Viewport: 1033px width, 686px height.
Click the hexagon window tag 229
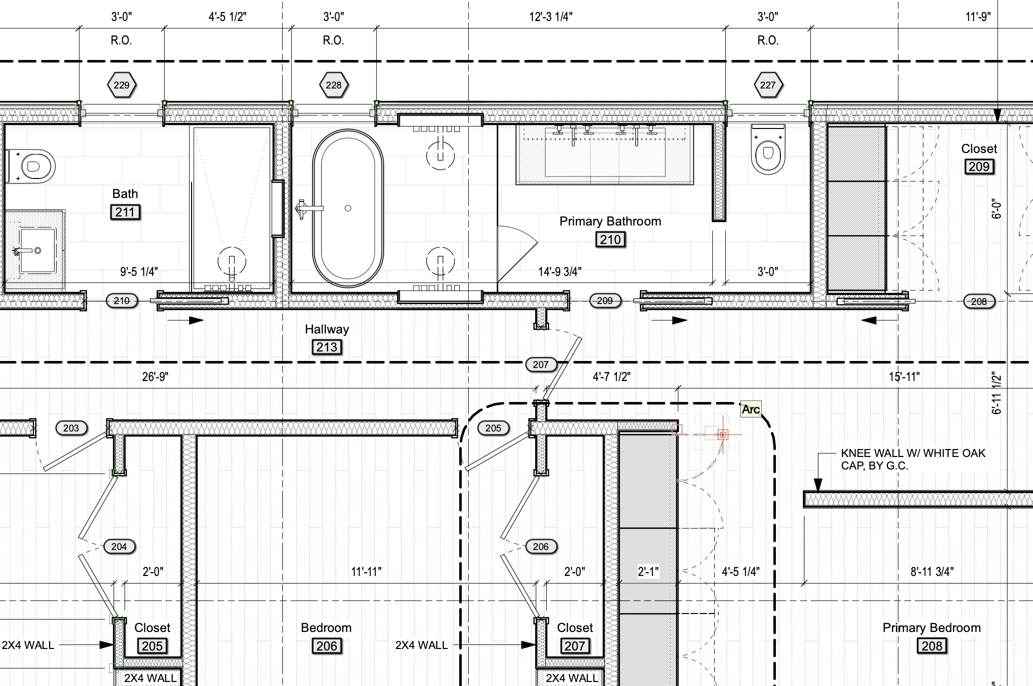click(122, 85)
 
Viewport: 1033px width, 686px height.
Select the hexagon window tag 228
click(334, 85)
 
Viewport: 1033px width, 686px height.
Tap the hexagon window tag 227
click(768, 85)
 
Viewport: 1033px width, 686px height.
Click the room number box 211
click(125, 212)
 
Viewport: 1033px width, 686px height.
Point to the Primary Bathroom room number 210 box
click(610, 240)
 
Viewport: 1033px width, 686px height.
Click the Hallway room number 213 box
click(327, 347)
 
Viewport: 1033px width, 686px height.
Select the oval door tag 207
click(541, 364)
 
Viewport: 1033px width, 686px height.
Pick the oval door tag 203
click(71, 428)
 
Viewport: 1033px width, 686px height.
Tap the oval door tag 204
click(119, 546)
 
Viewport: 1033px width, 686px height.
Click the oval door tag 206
click(541, 546)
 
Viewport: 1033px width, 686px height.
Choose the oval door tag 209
click(605, 301)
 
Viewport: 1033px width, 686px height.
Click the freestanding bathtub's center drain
click(348, 208)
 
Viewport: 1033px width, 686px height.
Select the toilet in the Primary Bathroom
click(768, 149)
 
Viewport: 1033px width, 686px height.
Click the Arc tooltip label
click(751, 409)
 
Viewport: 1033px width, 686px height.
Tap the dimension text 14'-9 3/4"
click(560, 272)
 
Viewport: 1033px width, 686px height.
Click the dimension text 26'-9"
click(155, 376)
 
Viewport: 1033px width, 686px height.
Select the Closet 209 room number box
click(979, 167)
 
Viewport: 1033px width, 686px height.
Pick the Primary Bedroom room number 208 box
click(932, 646)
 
